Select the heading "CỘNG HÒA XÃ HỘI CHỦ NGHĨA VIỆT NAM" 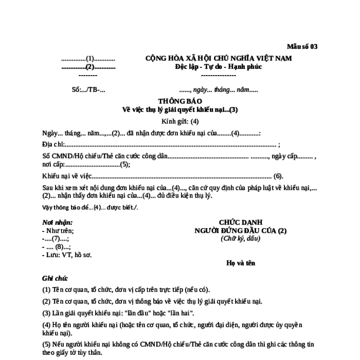pyautogui.click(x=219, y=58)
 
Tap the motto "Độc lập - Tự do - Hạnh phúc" pyautogui.click(x=218, y=67)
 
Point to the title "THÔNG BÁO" pyautogui.click(x=180, y=101)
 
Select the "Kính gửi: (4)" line pyautogui.click(x=180, y=121)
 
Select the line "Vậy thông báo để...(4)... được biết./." pyautogui.click(x=90, y=207)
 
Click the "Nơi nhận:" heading pyautogui.click(x=57, y=223)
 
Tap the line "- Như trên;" pyautogui.click(x=58, y=230)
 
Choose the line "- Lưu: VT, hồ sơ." pyautogui.click(x=67, y=254)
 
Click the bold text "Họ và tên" pyautogui.click(x=241, y=263)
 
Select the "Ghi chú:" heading pyautogui.click(x=55, y=278)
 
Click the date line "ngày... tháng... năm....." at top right pyautogui.click(x=225, y=89)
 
